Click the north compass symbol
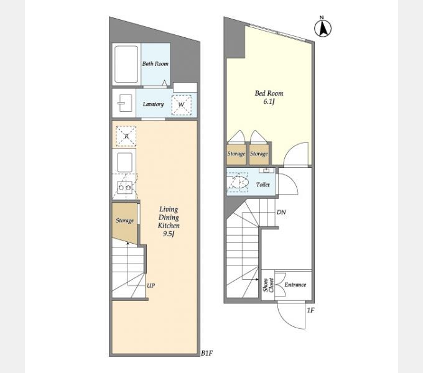pos(323,27)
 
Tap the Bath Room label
pos(156,63)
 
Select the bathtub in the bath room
pos(126,64)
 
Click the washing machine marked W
pos(181,105)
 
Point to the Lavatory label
pos(153,104)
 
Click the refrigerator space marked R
pos(126,136)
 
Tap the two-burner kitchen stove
pos(125,187)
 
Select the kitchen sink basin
pos(125,162)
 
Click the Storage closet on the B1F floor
pos(124,223)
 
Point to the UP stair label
pos(151,285)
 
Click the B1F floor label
pos(207,353)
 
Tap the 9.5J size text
pos(169,234)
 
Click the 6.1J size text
pos(269,101)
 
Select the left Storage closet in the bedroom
pos(236,155)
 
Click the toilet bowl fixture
pos(238,182)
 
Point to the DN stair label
pos(281,213)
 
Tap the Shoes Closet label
pos(269,285)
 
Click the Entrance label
pos(295,285)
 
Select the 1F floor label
pos(311,310)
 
